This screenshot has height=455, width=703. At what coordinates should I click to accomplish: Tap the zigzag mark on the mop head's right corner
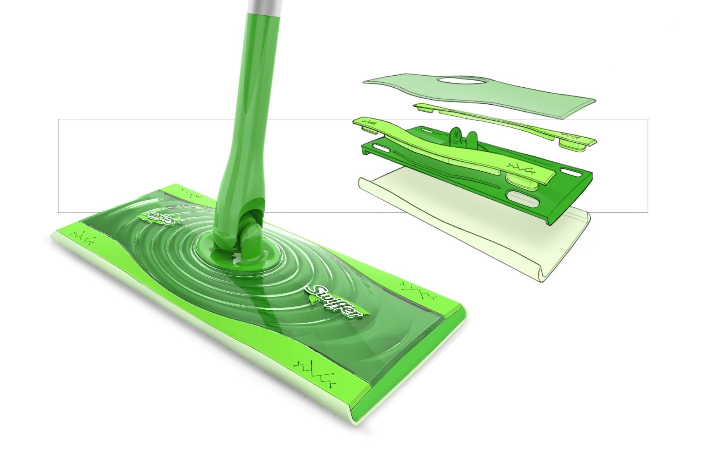click(418, 290)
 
